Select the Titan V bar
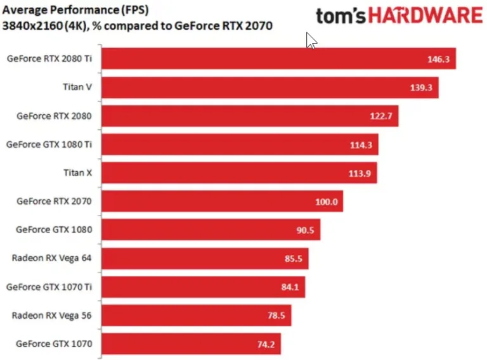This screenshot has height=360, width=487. click(x=269, y=87)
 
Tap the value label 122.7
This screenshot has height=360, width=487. click(x=382, y=116)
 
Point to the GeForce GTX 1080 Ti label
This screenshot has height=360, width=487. click(x=49, y=144)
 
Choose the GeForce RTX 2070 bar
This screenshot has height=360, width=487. click(x=222, y=202)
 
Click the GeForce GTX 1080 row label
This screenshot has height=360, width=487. click(x=54, y=229)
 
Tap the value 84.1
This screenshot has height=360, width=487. click(x=289, y=287)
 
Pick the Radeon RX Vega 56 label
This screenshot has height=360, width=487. click(x=52, y=315)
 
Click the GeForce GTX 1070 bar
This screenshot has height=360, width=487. click(x=190, y=344)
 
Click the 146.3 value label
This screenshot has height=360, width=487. click(x=439, y=59)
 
